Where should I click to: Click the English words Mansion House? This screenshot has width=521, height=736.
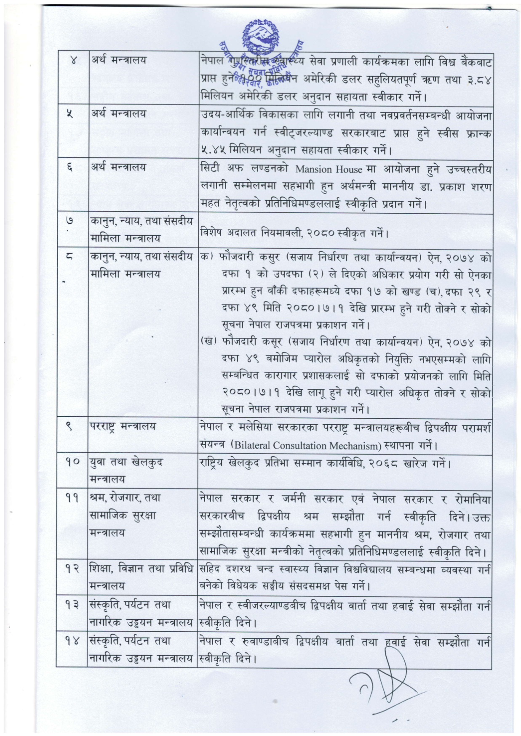tap(329, 169)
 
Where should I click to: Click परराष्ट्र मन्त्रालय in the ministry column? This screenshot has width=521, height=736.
tap(123, 426)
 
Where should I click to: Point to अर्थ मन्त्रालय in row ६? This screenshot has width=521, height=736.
tap(118, 167)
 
